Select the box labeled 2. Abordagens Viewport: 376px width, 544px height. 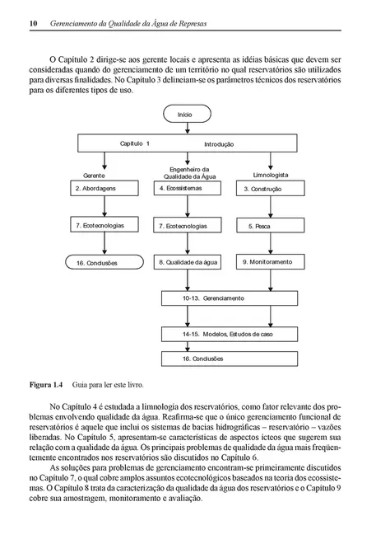[104, 188]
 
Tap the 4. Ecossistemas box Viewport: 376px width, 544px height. [188, 188]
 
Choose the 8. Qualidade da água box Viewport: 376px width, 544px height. [188, 261]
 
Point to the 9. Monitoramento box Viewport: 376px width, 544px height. [270, 261]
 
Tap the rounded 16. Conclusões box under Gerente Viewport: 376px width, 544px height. [104, 261]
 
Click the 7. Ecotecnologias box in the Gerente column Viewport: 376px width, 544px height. [104, 225]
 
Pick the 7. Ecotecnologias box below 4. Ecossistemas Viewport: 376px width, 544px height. [188, 225]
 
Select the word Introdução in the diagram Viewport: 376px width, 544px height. [219, 144]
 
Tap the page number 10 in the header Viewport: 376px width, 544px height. [22, 23]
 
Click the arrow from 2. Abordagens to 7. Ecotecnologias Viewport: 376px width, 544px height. [104, 207]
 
